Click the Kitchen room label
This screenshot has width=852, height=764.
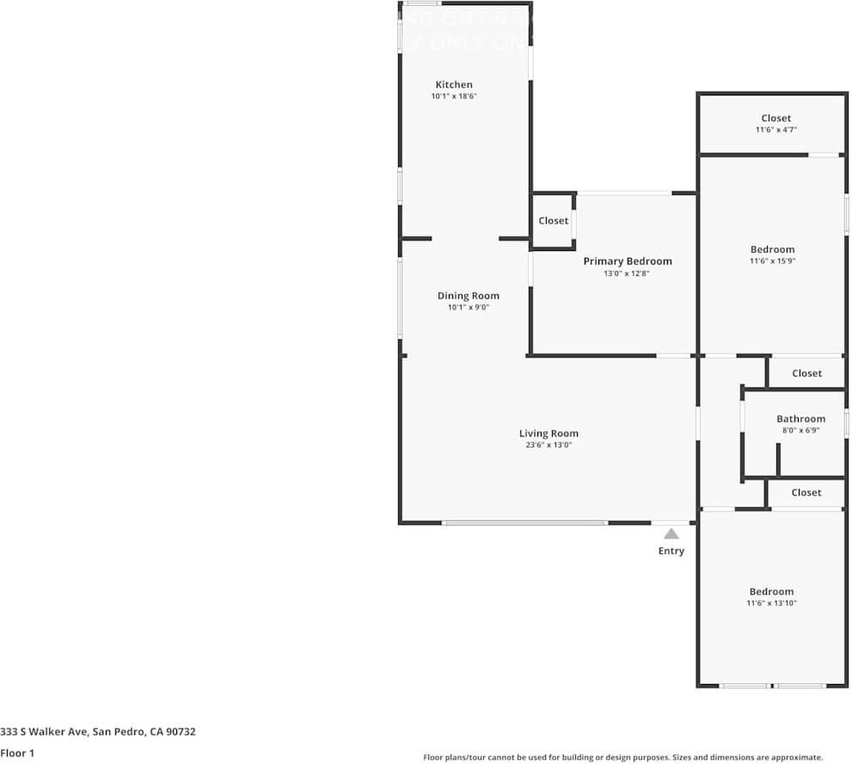454,84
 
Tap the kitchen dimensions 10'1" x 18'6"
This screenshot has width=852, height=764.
454,96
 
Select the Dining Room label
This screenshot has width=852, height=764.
468,296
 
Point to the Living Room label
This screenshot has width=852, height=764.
549,434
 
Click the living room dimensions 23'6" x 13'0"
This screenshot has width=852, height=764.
549,445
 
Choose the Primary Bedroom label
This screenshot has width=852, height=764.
628,261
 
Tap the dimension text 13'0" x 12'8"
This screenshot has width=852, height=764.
627,273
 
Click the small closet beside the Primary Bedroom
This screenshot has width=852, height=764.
554,221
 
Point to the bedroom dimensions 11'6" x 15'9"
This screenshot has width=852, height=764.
771,261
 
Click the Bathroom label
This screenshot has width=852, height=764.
800,419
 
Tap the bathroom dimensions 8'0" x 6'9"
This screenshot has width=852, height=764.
800,431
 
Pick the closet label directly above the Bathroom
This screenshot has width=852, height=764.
806,373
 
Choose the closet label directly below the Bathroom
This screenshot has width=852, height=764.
806,492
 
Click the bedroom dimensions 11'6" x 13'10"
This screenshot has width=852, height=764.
771,603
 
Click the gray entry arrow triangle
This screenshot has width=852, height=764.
671,534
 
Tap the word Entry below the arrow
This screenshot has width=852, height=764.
671,551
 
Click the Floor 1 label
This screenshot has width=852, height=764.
16,753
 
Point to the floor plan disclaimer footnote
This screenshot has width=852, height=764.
622,757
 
